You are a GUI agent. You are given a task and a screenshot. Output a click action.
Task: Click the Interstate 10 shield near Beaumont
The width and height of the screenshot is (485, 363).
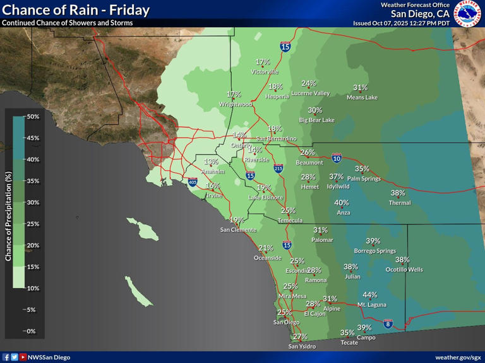337,158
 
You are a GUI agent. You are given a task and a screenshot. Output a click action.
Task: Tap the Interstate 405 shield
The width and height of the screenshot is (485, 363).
192,182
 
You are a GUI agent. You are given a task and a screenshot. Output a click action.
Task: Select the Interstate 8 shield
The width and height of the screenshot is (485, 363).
388,323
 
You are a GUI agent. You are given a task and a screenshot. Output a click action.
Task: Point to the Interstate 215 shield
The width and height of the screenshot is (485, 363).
278,168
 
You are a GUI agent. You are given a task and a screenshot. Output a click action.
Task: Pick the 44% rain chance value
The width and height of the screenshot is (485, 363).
370,295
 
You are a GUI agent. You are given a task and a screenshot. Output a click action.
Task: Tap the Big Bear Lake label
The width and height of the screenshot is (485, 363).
316,120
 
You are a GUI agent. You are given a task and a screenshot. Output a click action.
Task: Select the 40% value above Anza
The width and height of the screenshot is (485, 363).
342,203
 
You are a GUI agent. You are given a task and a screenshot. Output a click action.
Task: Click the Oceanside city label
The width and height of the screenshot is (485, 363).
268,258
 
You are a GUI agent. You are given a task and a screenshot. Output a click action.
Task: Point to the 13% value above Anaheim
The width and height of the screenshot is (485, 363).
211,162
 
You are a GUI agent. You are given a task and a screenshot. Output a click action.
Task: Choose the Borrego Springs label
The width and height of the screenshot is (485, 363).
377,251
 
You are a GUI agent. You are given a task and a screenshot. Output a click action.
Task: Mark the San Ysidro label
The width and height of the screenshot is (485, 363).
302,347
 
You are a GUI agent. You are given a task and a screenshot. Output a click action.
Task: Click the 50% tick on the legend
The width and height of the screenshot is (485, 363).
33,117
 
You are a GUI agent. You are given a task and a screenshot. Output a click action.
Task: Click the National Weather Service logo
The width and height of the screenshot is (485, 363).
468,14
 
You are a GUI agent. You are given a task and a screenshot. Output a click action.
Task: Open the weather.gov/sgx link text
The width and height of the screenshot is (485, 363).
458,357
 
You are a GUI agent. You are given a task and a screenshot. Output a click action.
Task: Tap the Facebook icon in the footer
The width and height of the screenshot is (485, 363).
6,357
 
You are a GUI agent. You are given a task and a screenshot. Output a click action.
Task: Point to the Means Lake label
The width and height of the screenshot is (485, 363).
362,98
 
